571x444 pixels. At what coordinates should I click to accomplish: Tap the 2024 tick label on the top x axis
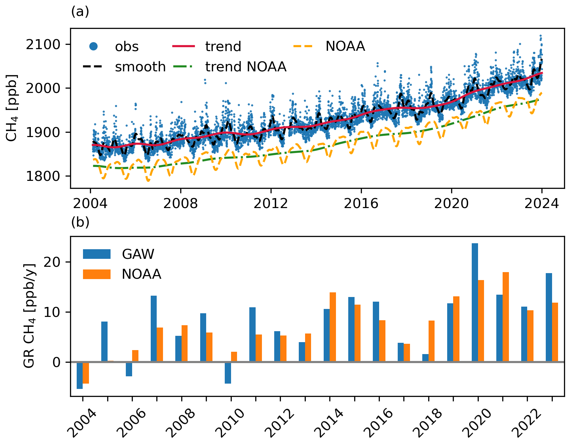point(541,203)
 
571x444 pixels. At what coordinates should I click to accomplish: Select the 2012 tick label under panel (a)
point(271,203)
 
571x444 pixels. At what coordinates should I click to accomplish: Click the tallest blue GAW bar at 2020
point(475,302)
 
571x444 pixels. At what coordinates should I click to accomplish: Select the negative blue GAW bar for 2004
point(80,375)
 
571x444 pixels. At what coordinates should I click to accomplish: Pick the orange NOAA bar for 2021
point(506,317)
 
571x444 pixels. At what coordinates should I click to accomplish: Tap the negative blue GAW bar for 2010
point(228,373)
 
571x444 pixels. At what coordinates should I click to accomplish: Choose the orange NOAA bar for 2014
point(333,327)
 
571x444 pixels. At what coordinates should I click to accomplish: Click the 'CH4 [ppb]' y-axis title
point(12,108)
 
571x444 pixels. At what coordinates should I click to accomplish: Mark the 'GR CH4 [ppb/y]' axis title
point(29,316)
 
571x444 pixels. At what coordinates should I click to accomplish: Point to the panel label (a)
point(80,12)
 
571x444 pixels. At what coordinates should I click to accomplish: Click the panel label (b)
point(80,222)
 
